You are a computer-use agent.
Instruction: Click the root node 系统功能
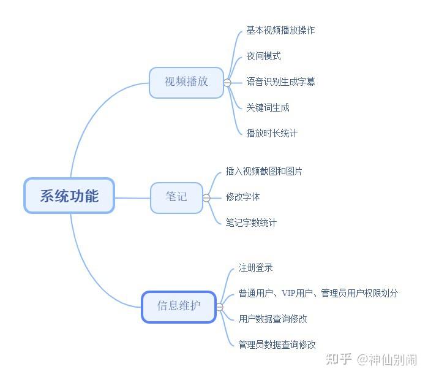(69, 196)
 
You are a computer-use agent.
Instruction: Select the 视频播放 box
(186, 82)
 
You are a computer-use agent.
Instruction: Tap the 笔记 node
(176, 197)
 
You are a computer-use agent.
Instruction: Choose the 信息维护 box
(178, 306)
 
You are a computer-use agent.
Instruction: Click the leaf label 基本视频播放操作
(280, 30)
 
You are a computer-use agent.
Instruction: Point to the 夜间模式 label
(263, 56)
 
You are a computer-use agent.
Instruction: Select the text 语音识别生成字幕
(280, 82)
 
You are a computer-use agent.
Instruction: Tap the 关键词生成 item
(268, 107)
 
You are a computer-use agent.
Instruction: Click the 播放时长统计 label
(272, 133)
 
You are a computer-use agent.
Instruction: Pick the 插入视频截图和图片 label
(263, 172)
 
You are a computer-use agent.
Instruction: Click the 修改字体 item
(242, 197)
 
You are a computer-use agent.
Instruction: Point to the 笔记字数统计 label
(251, 223)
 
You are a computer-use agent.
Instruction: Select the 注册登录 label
(255, 268)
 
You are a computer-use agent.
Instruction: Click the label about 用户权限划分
(318, 294)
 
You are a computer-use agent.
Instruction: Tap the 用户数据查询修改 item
(272, 319)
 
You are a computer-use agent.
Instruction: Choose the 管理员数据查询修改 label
(277, 345)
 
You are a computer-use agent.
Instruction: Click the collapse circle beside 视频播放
(227, 82)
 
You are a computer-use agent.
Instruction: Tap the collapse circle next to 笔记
(206, 197)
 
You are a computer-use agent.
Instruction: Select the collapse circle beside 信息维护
(220, 307)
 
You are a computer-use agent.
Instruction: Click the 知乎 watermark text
(340, 360)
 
